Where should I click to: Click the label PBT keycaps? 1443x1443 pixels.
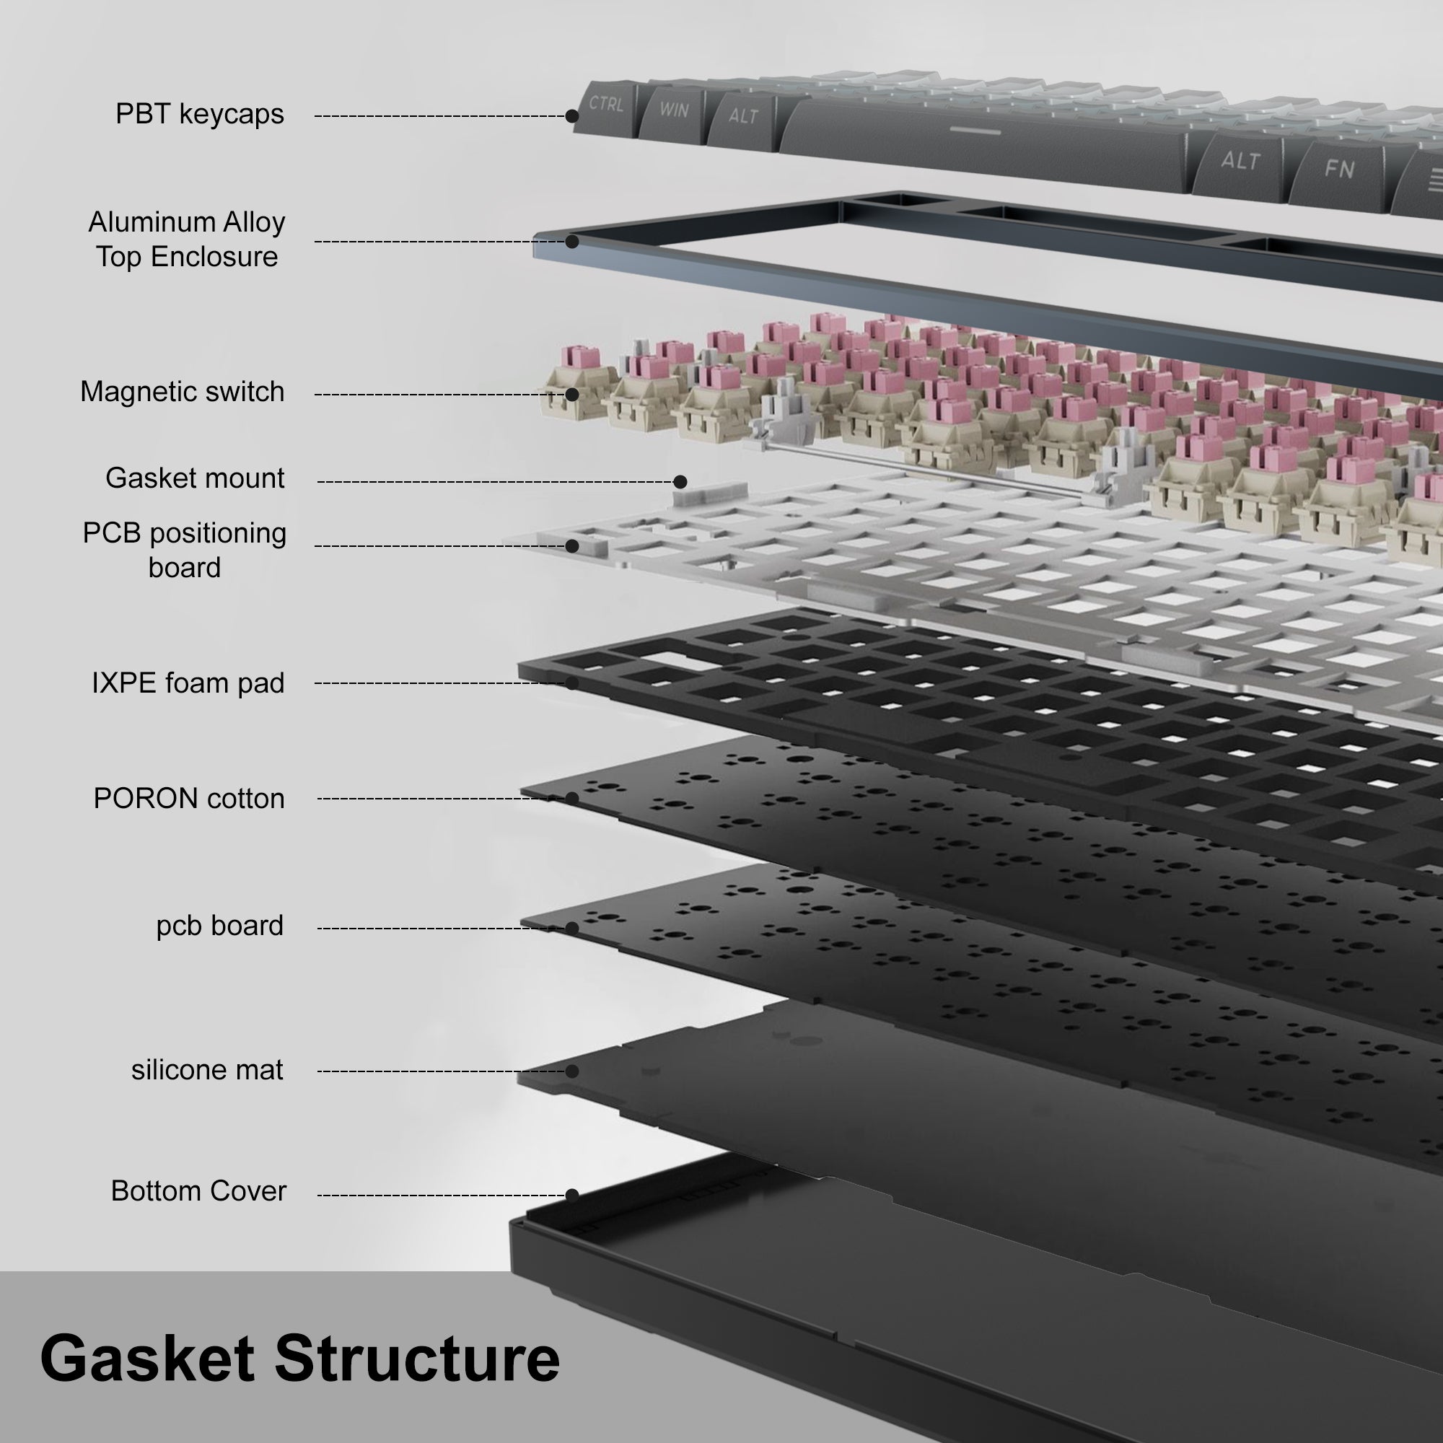[x=199, y=114]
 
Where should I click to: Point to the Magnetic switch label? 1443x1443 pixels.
[x=183, y=392]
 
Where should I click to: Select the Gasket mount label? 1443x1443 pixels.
[x=195, y=479]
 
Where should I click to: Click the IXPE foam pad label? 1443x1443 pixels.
[x=188, y=683]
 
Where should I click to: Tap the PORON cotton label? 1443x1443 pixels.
[x=189, y=799]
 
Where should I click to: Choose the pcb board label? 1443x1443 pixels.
[x=219, y=926]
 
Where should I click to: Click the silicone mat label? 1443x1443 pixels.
[x=207, y=1070]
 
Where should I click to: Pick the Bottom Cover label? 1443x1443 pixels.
[x=198, y=1191]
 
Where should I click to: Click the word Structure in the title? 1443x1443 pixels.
[x=417, y=1359]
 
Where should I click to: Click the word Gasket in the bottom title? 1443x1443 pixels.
[x=147, y=1359]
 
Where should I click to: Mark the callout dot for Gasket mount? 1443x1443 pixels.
[x=680, y=482]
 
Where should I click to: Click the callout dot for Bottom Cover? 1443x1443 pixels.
[x=572, y=1195]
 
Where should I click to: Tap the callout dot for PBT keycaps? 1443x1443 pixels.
[x=572, y=115]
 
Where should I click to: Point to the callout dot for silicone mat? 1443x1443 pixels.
[x=572, y=1071]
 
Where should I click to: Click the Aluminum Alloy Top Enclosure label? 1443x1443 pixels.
[x=187, y=240]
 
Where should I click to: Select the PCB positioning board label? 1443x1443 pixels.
[x=185, y=551]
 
